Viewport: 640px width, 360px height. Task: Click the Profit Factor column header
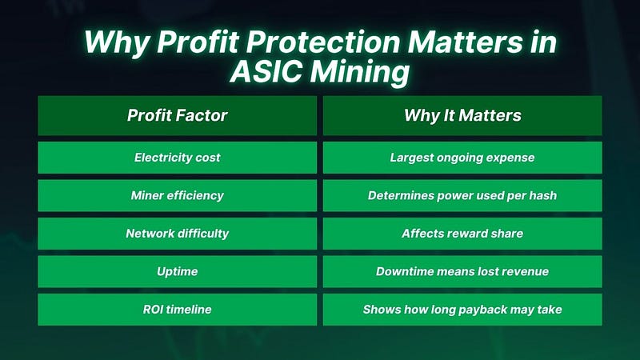(177, 115)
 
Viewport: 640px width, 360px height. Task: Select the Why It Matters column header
(462, 115)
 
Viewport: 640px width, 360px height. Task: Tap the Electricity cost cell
(177, 158)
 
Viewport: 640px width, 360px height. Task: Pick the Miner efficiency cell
(177, 195)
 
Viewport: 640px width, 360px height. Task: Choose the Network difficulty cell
(177, 234)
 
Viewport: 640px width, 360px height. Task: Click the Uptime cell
(177, 271)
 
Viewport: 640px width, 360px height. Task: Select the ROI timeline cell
(177, 310)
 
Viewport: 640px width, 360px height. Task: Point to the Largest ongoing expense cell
(462, 158)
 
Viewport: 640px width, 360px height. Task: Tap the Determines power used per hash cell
(462, 195)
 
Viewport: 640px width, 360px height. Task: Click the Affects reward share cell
(462, 234)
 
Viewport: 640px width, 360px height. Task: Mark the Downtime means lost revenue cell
(462, 271)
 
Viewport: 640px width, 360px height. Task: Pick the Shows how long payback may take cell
(462, 310)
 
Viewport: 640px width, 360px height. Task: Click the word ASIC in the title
(266, 72)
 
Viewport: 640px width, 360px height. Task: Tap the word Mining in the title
(359, 73)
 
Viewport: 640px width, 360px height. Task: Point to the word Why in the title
(117, 43)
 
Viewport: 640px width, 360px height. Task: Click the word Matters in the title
(466, 42)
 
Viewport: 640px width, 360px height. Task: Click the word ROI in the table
(150, 310)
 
